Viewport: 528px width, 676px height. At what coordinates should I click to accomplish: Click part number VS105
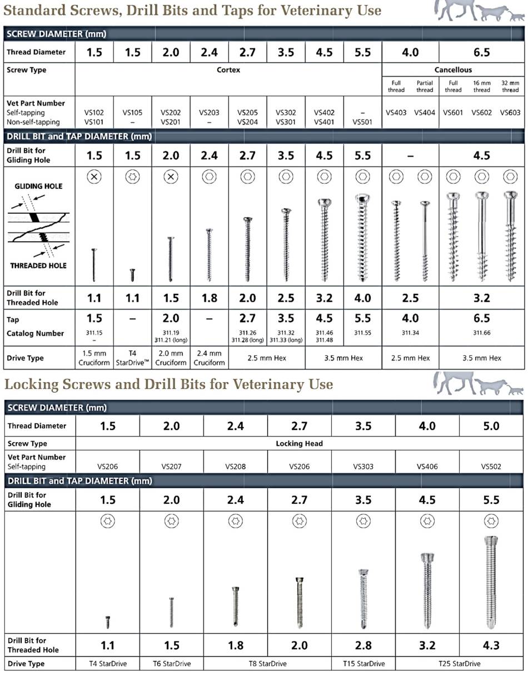pos(132,112)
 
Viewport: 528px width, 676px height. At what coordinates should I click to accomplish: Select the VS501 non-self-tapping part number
pos(362,122)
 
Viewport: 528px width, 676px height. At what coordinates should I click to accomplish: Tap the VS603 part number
pos(510,112)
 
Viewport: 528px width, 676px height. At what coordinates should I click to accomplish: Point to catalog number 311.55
pos(362,333)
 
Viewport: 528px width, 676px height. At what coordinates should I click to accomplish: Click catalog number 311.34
pos(410,333)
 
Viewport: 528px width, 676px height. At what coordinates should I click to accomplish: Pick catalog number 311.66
pos(481,333)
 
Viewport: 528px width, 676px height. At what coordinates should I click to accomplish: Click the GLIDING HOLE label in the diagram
pos(38,186)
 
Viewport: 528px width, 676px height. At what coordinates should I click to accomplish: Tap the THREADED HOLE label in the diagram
pos(38,266)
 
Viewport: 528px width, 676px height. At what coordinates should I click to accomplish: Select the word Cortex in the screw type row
pos(228,70)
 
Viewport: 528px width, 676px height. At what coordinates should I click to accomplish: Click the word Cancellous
pos(453,70)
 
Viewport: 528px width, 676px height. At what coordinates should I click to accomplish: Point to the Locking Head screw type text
pos(299,444)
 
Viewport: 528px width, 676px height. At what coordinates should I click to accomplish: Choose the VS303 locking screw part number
pos(363,467)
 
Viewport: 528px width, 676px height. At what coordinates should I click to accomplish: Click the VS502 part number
pos(491,467)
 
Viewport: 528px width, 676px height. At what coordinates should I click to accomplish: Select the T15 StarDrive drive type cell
pos(363,664)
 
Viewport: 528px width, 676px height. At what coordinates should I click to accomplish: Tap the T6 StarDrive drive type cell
pos(172,664)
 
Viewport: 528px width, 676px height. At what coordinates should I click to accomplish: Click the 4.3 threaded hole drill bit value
pos(491,645)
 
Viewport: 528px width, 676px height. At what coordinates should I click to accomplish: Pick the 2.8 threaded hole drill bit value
pos(363,645)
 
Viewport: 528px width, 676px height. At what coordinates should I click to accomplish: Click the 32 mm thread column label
pos(510,86)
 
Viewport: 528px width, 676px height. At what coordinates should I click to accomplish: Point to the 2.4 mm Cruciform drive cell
pos(209,358)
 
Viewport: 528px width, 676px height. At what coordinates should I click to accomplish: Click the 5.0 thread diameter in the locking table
pos(491,426)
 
